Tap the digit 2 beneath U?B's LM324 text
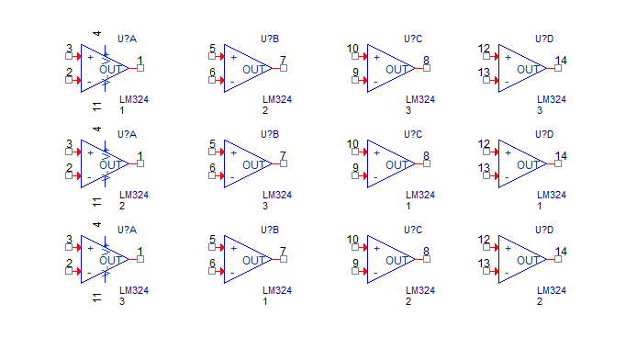pos(265,110)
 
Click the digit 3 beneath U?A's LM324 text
pos(122,301)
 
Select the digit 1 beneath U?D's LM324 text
pos(540,206)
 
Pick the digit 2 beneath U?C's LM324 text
pos(408,301)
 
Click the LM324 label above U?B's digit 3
pos(277,195)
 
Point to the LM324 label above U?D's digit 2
pos(552,290)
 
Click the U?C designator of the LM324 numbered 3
pos(413,39)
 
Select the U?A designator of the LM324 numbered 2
pos(127,134)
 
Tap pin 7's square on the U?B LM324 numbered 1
pos(284,259)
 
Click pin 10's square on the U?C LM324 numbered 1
pos(355,152)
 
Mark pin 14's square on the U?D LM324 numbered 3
pos(558,68)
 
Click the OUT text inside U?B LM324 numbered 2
pos(254,70)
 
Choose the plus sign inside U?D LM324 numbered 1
pos(508,152)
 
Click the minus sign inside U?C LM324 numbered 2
pos(375,273)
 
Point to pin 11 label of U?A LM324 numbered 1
pos(96,107)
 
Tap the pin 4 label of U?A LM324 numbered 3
pos(96,225)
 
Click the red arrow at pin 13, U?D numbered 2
pos(495,272)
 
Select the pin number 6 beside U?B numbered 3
pos(212,168)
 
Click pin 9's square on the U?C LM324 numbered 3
pos(355,81)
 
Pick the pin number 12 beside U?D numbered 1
pos(484,144)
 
